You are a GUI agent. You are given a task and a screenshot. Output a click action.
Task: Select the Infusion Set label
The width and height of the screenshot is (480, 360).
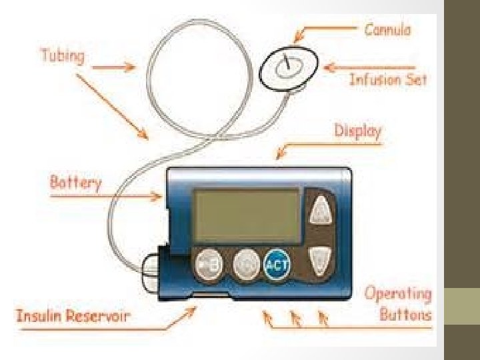coord(388,80)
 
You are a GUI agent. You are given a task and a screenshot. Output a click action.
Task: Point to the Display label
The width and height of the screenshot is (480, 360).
coord(357,131)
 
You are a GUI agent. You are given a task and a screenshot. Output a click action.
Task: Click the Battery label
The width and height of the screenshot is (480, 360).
coord(75,182)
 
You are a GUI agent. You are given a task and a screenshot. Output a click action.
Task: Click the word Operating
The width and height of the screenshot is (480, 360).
coord(398,294)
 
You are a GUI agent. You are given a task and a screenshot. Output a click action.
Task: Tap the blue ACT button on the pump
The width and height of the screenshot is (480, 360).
coord(277,265)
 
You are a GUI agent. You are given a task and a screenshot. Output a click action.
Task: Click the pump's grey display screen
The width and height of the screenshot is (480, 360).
coord(247,215)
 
